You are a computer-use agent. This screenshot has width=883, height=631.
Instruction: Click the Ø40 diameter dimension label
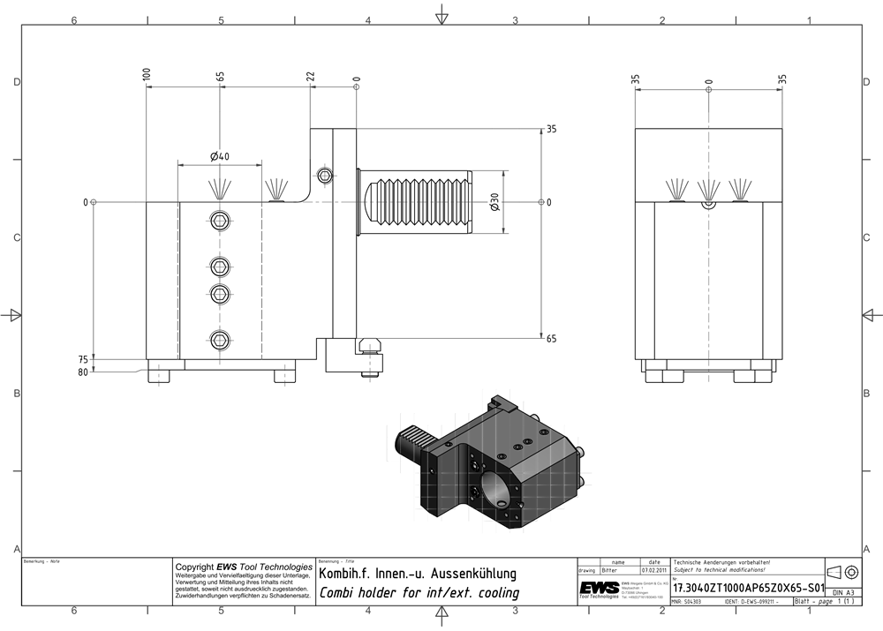[220, 156]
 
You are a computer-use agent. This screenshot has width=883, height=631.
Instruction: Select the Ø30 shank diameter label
[495, 202]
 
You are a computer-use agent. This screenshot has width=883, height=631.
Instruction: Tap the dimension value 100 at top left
[146, 74]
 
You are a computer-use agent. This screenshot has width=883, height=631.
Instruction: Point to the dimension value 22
[310, 77]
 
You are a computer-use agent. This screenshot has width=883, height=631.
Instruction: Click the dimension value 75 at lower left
[83, 360]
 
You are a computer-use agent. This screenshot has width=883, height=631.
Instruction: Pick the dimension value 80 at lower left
[83, 372]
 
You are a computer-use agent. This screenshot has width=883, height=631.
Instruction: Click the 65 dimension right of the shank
[551, 338]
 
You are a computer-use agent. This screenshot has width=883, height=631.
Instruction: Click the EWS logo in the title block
[598, 589]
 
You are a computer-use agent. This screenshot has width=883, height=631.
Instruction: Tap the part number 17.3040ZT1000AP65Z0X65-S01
[748, 587]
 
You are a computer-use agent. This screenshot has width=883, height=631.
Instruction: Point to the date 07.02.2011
[653, 571]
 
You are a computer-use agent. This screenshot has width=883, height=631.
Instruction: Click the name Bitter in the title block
[609, 571]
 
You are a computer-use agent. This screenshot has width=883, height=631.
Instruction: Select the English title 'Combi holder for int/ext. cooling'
[419, 593]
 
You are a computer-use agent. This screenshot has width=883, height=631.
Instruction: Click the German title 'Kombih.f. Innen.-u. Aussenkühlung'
[417, 575]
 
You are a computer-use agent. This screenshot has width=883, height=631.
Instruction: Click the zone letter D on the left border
[16, 82]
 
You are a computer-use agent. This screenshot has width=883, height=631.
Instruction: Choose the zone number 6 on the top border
[74, 20]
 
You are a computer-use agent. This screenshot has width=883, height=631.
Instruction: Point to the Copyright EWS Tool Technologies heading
[244, 567]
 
